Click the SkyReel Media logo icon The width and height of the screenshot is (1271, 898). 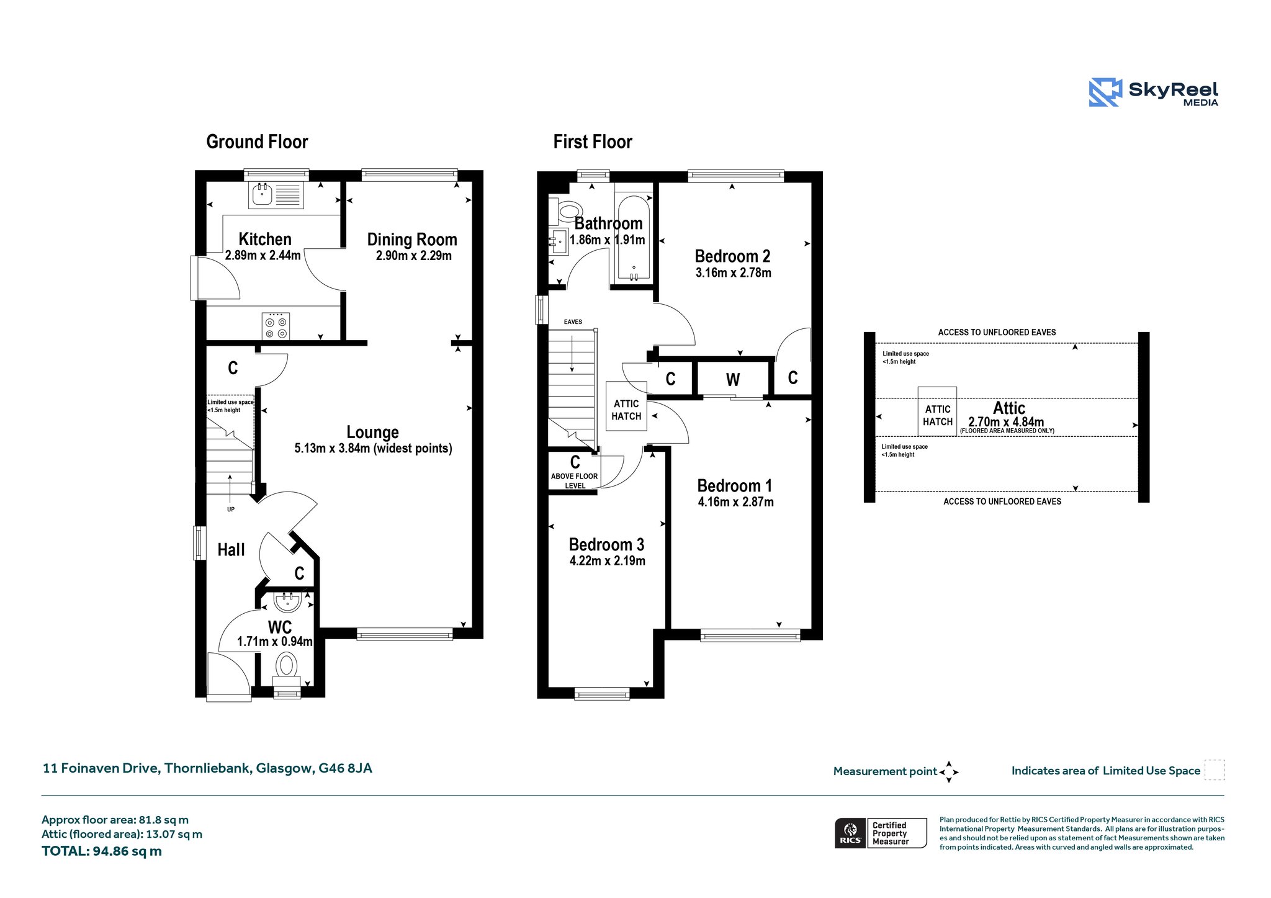click(1105, 92)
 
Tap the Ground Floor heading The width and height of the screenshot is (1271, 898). click(257, 142)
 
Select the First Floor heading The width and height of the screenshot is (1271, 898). click(593, 142)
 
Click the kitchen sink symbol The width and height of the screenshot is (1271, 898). click(276, 195)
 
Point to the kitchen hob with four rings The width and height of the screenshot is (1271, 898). click(276, 326)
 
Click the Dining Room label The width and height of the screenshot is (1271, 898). click(412, 240)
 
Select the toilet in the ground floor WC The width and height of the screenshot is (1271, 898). click(286, 669)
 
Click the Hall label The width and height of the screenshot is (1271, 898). click(231, 550)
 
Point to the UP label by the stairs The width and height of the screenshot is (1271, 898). click(231, 510)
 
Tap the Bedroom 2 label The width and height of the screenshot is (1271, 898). click(732, 256)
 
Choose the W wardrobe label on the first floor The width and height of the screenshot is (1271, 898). click(733, 380)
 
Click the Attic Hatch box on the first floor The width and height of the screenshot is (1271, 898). click(626, 406)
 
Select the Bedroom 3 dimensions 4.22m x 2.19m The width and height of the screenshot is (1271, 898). click(608, 561)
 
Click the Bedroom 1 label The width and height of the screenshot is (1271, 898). click(735, 486)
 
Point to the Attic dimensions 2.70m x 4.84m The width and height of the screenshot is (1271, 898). click(1006, 422)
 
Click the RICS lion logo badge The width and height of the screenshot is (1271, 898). click(850, 833)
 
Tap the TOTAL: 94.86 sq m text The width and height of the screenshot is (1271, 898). click(102, 851)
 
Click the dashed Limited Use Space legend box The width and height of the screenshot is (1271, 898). click(1215, 770)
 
